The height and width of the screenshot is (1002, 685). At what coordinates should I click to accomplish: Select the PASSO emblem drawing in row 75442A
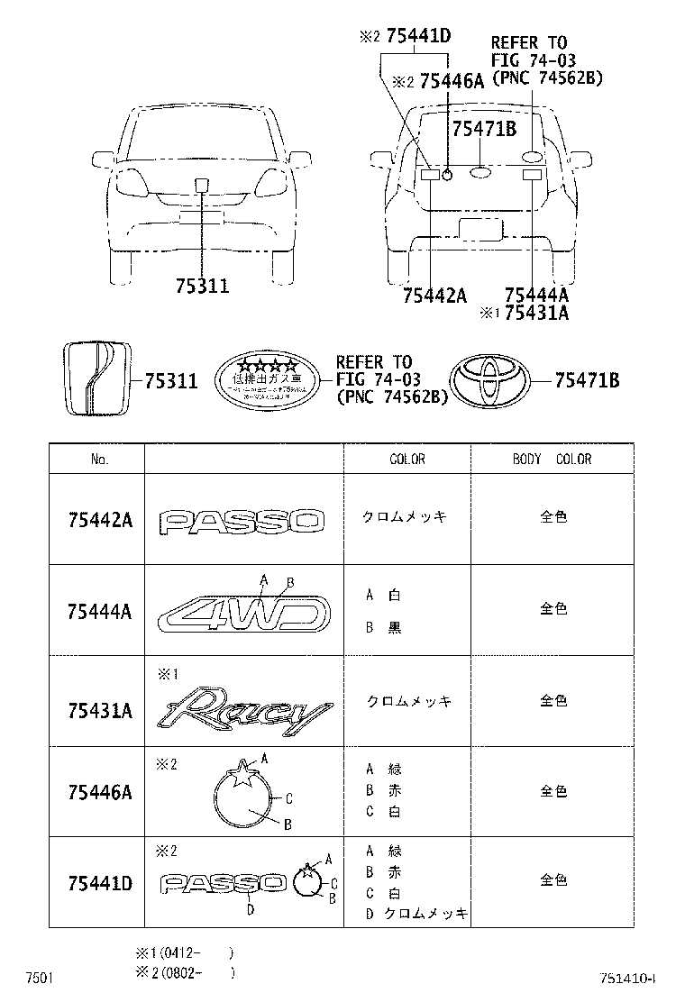(242, 520)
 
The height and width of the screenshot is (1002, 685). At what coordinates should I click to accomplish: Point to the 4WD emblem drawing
(244, 615)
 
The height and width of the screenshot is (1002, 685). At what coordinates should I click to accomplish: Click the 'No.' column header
(99, 460)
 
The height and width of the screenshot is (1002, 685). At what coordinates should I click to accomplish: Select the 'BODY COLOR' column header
(552, 460)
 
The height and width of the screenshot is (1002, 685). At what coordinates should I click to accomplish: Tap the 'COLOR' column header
(406, 460)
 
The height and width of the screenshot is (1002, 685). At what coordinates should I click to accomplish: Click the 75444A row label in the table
(99, 612)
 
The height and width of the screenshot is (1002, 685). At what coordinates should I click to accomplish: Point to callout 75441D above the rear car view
(417, 37)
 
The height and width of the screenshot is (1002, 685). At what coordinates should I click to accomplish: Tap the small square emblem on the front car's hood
(201, 186)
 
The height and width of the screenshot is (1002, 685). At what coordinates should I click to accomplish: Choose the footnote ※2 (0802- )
(184, 972)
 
